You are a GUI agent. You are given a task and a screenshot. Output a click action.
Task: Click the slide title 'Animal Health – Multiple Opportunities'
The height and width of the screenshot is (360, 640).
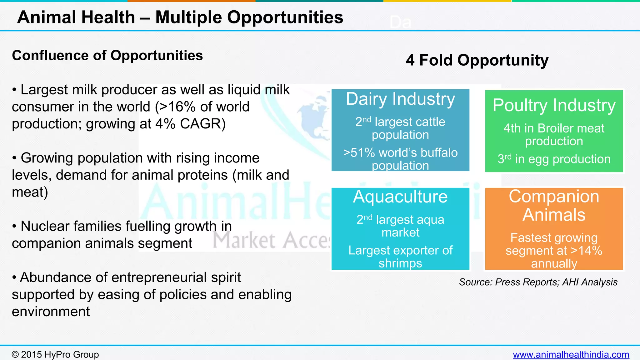click(180, 17)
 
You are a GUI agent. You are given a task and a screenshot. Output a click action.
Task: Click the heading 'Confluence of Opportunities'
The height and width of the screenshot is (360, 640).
click(107, 56)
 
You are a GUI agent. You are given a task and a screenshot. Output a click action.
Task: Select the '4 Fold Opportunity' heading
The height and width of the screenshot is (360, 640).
click(477, 60)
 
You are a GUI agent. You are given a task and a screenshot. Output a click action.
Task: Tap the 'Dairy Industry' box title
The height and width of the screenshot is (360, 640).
click(400, 99)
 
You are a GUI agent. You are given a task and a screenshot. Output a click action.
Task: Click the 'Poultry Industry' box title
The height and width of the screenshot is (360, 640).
click(554, 105)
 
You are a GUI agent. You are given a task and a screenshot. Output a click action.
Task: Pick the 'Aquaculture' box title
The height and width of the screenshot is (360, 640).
click(400, 197)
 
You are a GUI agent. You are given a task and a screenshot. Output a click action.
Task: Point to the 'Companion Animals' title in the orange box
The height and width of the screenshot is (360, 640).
click(554, 206)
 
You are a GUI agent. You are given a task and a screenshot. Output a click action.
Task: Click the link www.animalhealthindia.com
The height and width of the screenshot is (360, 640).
click(571, 355)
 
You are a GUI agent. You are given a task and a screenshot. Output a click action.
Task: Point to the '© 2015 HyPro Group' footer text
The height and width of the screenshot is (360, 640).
click(55, 355)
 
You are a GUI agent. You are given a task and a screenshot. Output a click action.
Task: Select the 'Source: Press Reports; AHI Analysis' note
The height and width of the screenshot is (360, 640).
click(538, 282)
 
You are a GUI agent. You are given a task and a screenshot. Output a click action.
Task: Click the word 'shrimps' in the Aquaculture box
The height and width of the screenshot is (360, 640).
click(400, 263)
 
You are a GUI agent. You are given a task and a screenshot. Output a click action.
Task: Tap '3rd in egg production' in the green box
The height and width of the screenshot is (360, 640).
click(554, 159)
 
